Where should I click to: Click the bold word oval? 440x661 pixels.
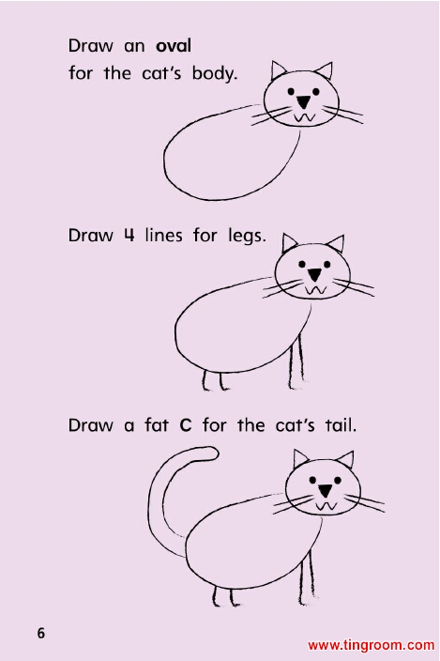point(173,45)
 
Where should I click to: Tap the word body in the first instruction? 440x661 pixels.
point(215,74)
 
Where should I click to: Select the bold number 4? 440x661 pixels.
point(129,235)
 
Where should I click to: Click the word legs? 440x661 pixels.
point(247,236)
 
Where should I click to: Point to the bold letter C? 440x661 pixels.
point(185,425)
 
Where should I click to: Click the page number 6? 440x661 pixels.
point(41,633)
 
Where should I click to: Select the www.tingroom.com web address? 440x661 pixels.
point(371,645)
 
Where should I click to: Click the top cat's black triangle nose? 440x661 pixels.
point(303,102)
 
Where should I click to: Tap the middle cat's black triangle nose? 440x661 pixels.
point(314,275)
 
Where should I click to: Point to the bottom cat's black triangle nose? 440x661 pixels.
point(325,490)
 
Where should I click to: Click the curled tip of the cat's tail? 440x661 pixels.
point(215,453)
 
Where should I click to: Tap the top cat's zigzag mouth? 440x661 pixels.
point(304,117)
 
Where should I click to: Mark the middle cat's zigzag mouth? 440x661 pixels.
point(315,289)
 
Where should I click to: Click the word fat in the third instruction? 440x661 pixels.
point(157,424)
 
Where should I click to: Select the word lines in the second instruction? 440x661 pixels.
point(164,235)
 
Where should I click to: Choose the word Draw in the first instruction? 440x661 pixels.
point(90,45)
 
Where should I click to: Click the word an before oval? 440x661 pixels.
point(134,47)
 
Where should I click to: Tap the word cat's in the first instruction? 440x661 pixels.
point(161,74)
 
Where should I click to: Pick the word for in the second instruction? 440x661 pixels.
point(205,235)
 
